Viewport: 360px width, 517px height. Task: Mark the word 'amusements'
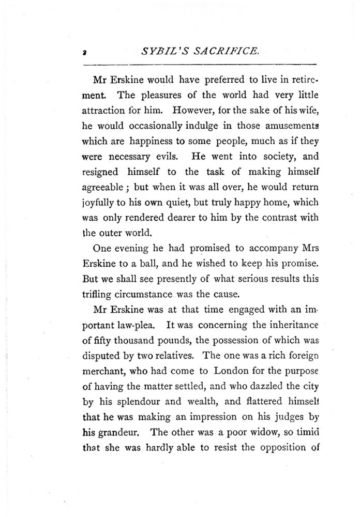tap(288, 125)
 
